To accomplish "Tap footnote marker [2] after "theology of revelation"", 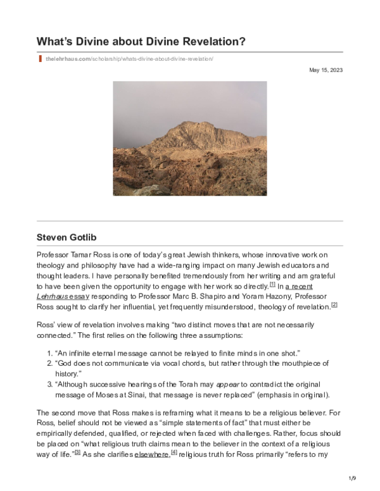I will [x=334, y=305].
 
